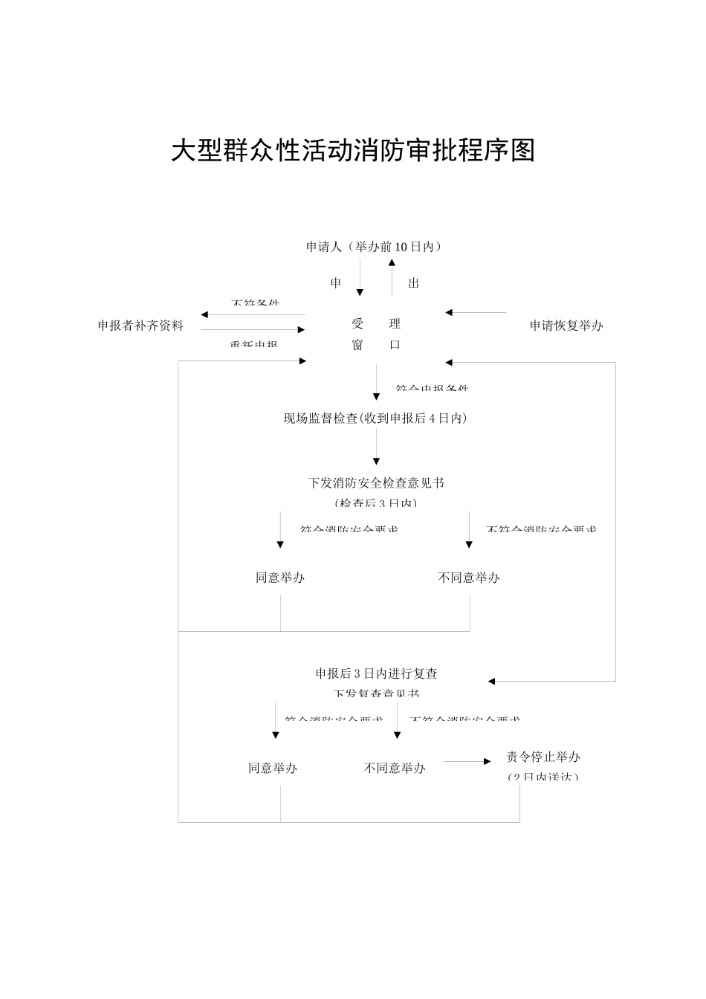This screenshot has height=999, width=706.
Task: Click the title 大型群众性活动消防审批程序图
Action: pyautogui.click(x=353, y=151)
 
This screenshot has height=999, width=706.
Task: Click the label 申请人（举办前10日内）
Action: pyautogui.click(x=374, y=247)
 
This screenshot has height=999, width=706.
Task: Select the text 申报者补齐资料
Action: pyautogui.click(x=140, y=326)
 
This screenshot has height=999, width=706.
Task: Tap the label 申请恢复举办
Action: pyautogui.click(x=566, y=326)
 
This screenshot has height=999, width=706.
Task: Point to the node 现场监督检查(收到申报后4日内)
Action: pyautogui.click(x=375, y=418)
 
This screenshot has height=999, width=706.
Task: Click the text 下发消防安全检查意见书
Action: pyautogui.click(x=376, y=483)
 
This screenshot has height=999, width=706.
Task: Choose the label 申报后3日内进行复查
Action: pyautogui.click(x=376, y=674)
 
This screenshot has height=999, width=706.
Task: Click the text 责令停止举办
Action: pyautogui.click(x=543, y=757)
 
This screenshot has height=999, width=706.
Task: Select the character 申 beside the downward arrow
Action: pyautogui.click(x=336, y=283)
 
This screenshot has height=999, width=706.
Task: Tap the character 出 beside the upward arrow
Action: pyautogui.click(x=414, y=283)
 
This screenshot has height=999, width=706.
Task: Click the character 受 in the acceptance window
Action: pyautogui.click(x=357, y=324)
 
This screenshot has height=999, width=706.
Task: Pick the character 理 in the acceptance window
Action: pyautogui.click(x=395, y=324)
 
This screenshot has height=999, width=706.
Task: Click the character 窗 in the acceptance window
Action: pyautogui.click(x=357, y=346)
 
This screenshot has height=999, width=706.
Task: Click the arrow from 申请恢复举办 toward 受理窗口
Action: pyautogui.click(x=476, y=313)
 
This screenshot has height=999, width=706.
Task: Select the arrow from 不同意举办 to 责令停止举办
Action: pyautogui.click(x=467, y=761)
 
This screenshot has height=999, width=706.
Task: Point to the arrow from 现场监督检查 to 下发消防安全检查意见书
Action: pyautogui.click(x=377, y=447)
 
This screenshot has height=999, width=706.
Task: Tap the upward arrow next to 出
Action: pyautogui.click(x=392, y=280)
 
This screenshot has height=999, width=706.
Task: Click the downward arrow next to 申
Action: pyautogui.click(x=360, y=280)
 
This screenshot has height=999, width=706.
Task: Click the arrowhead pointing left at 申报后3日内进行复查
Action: pyautogui.click(x=492, y=681)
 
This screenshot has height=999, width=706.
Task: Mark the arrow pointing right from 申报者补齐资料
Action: pyautogui.click(x=253, y=330)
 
